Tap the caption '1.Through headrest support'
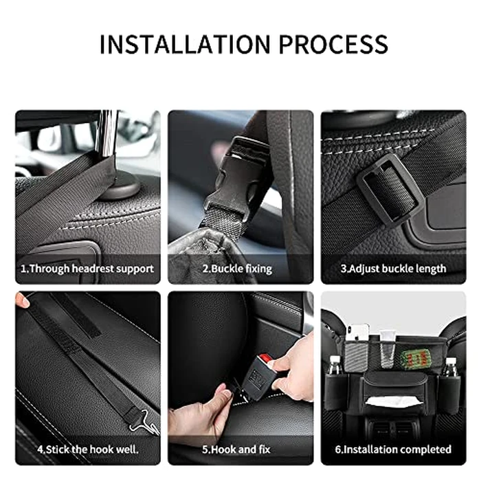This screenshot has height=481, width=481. pyautogui.click(x=87, y=269)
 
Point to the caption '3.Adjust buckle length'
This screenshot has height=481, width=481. pyautogui.click(x=394, y=269)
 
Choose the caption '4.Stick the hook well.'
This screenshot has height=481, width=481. pyautogui.click(x=87, y=449)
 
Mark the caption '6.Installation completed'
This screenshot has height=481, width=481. pyautogui.click(x=394, y=449)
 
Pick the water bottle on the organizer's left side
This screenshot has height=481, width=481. pyautogui.click(x=335, y=368)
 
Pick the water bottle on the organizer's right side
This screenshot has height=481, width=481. pyautogui.click(x=449, y=368)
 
